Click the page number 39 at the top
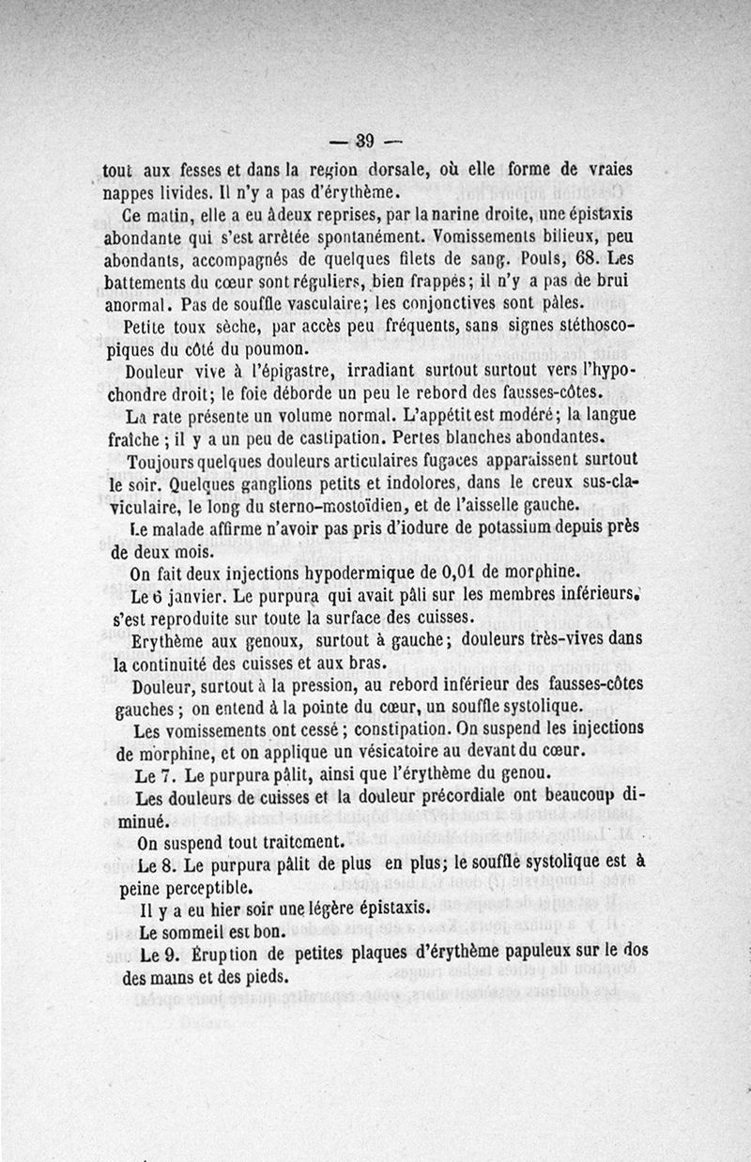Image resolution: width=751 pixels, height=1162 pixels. [x=366, y=142]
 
